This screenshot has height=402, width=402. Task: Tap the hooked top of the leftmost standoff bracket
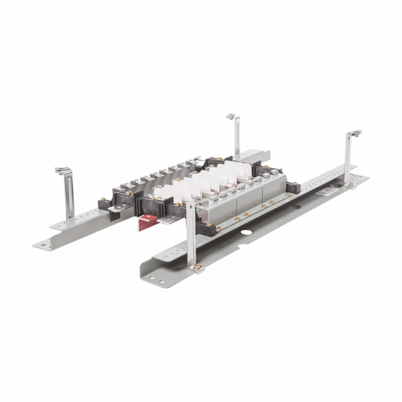[61, 170]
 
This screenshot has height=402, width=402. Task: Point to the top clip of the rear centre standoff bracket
[232, 118]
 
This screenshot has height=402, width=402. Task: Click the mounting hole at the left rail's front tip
[45, 245]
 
